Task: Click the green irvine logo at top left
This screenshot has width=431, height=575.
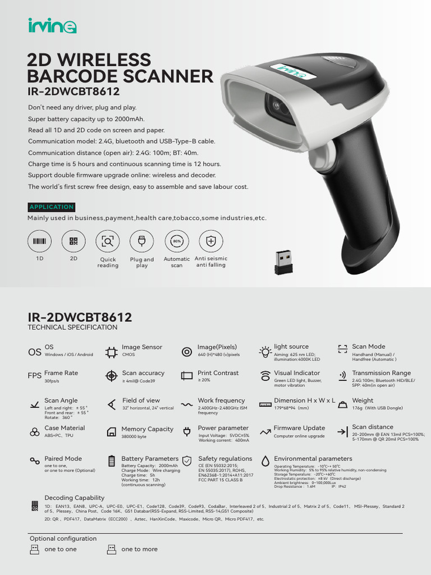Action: pos(52,26)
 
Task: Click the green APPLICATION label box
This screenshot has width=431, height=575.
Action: pos(51,207)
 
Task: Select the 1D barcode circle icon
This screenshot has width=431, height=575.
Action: pos(39,241)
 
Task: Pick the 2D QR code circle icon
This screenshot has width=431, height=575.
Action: pos(74,241)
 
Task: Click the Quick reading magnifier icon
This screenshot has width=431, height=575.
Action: pos(108,241)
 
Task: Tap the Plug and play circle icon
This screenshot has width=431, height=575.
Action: pos(141,241)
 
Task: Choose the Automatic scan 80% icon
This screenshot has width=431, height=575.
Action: pos(176,241)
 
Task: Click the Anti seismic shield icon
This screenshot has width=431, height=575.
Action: pos(211,241)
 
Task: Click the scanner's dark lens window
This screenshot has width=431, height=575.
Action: pos(279,106)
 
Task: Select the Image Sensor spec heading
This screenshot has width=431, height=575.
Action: pos(142,347)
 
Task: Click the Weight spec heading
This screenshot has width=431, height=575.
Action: pos(363,400)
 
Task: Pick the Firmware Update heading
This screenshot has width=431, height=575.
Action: pos(299,428)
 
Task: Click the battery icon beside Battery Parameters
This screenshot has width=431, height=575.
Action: pos(111,462)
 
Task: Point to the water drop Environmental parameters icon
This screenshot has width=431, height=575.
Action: pos(265,461)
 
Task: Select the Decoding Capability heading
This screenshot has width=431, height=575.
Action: pos(74,498)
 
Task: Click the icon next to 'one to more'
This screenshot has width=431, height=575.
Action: pos(111,549)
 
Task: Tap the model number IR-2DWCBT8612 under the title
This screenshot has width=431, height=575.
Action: pos(74,91)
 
